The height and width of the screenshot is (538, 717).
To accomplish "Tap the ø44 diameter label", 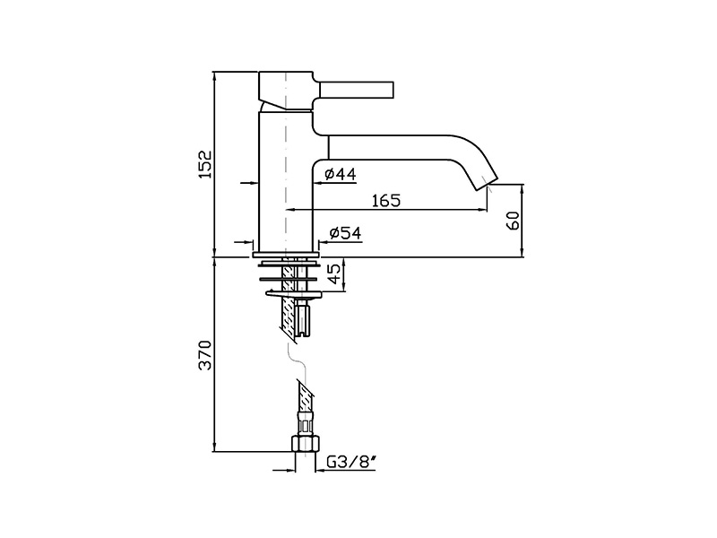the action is click(x=340, y=174).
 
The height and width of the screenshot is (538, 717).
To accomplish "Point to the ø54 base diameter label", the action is click(x=345, y=233).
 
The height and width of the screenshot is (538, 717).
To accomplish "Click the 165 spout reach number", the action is click(x=386, y=200).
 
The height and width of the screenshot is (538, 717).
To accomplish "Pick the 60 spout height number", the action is click(x=514, y=221).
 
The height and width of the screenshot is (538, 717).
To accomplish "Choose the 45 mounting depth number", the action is click(x=335, y=274).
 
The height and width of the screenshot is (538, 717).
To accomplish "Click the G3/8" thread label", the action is click(x=351, y=463).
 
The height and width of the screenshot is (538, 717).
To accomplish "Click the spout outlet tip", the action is click(x=487, y=182).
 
